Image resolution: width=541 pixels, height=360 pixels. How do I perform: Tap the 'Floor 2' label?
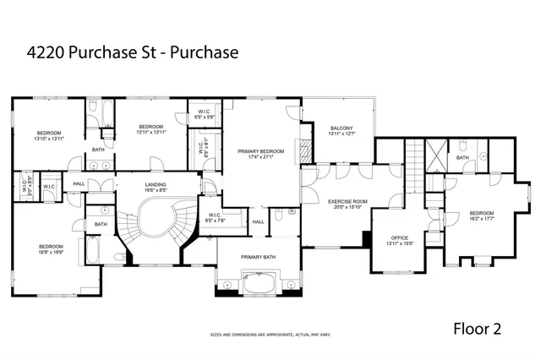478,329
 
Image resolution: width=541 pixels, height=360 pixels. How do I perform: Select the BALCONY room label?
341,128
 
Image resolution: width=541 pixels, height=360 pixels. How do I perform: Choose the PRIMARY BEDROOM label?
260,151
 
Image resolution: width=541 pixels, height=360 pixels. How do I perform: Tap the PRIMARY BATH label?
258,256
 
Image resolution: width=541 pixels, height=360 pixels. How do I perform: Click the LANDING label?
156,185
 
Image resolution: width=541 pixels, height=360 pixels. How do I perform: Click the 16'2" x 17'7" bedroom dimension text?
481,218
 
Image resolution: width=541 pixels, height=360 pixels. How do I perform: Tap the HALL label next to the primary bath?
259,221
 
